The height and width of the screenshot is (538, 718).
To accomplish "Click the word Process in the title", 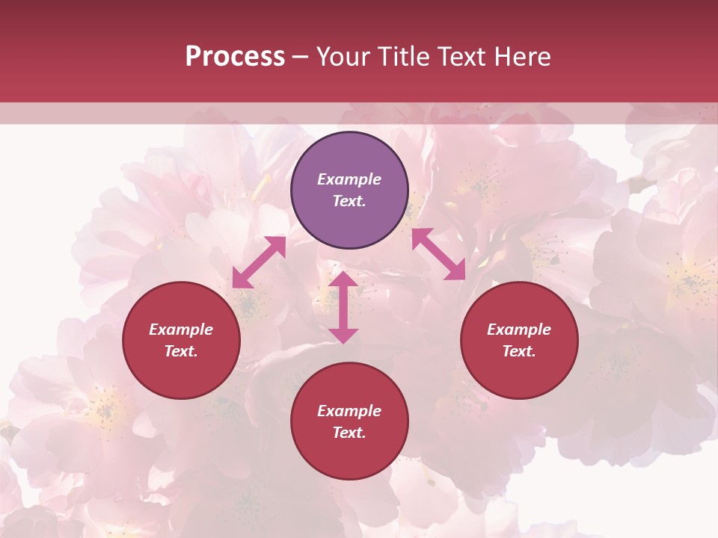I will point(235,56).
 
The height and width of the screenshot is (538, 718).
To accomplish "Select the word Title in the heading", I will point(402,56).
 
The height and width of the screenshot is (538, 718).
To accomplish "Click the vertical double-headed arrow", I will point(343,307).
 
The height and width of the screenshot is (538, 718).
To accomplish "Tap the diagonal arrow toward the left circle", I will point(259,262).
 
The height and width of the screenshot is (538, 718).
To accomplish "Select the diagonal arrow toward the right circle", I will point(438,254).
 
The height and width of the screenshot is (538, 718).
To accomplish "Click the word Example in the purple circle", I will point(349,179).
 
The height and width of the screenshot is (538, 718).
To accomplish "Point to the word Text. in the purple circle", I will point(349,201).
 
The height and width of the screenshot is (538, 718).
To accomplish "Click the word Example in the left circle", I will point(181,330).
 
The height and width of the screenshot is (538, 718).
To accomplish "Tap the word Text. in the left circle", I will point(181,351).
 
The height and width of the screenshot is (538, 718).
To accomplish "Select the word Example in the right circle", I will point(519,330).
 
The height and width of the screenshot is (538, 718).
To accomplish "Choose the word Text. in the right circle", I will point(519,351).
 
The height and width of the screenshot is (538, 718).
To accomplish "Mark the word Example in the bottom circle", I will point(349,411).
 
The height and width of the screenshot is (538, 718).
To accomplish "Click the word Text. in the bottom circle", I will point(349,433).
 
